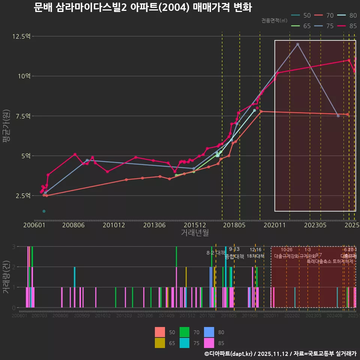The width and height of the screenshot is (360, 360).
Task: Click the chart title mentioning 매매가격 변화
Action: (x=142, y=7)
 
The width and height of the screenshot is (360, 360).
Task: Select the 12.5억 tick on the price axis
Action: (x=21, y=36)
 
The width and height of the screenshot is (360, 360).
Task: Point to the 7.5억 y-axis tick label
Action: (x=22, y=116)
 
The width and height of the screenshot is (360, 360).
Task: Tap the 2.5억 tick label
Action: (x=22, y=196)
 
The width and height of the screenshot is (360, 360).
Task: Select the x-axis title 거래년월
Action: (x=195, y=233)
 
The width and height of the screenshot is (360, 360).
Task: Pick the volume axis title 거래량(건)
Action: (x=6, y=277)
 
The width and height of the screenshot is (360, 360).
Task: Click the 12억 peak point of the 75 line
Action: (x=298, y=44)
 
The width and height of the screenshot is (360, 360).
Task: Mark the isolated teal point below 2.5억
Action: (x=44, y=211)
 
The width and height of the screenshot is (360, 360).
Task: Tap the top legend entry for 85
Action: (x=347, y=26)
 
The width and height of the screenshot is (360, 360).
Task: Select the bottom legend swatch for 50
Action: (x=160, y=332)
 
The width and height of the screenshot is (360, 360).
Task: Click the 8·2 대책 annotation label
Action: (x=216, y=253)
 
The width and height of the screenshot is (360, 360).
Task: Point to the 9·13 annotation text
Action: (x=234, y=249)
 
